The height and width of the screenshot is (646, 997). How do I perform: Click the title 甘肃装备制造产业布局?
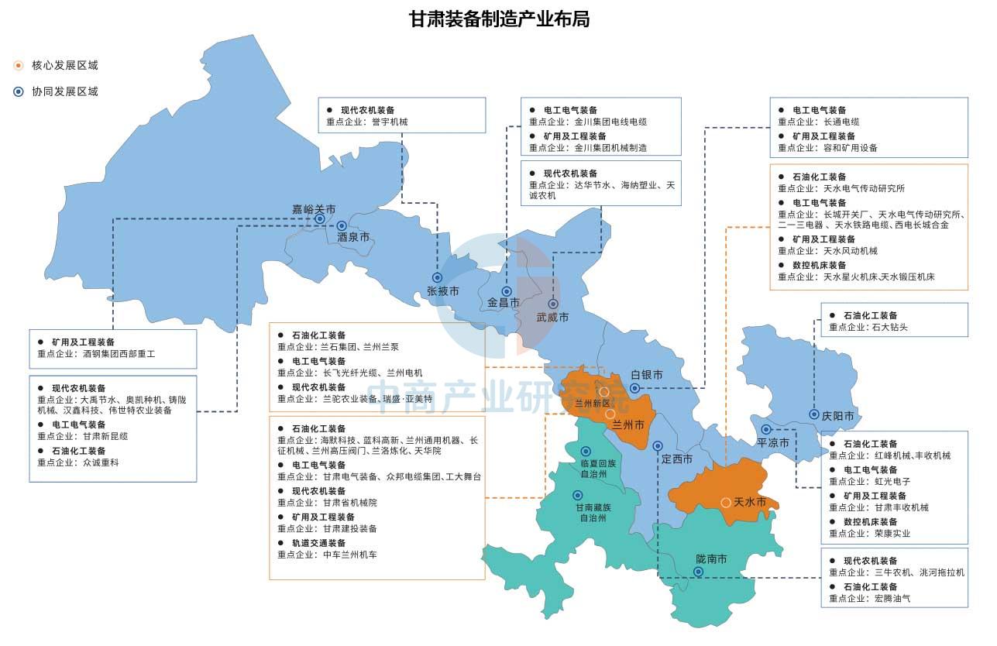[x=499, y=19]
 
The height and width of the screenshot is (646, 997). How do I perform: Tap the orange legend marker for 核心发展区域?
[x=19, y=66]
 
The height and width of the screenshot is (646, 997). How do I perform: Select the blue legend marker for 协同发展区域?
[x=19, y=91]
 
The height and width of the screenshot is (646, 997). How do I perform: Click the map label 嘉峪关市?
[x=314, y=209]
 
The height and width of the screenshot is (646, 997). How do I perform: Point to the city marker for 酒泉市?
[x=342, y=225]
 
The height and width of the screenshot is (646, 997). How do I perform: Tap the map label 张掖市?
[x=443, y=291]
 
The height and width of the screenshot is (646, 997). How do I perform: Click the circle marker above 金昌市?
[x=507, y=291]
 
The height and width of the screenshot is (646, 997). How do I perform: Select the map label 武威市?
[x=553, y=318]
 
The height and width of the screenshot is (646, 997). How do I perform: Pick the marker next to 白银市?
[x=634, y=388]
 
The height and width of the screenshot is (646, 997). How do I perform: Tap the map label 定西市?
[x=676, y=459]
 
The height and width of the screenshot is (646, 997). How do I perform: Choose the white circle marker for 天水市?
[x=726, y=503]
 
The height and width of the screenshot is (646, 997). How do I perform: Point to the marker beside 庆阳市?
[x=814, y=414]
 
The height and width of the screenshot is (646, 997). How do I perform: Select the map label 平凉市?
[x=773, y=443]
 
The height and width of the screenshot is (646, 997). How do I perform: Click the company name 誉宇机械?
[x=389, y=122]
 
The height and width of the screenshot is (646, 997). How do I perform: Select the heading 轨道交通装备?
[x=318, y=543]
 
